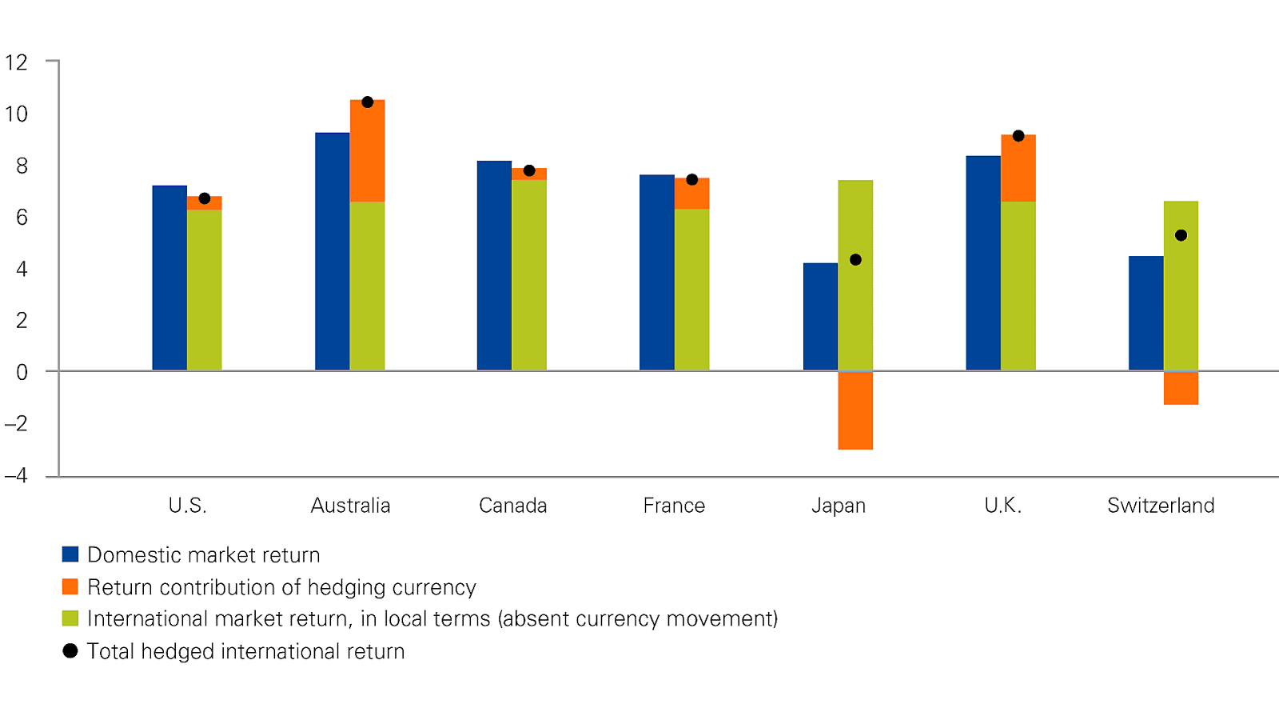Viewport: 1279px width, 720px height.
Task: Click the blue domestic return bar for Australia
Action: point(332,251)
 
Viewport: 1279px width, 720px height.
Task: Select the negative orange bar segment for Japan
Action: point(855,410)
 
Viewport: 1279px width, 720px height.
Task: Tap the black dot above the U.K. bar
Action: point(1018,136)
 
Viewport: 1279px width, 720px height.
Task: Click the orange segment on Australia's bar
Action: point(367,152)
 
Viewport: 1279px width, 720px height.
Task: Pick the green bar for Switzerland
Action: point(1181,304)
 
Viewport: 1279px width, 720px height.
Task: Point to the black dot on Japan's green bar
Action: point(855,260)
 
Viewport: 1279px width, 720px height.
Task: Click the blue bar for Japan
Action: point(820,317)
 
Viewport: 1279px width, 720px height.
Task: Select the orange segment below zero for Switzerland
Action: point(1181,388)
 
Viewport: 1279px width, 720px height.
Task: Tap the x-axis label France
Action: point(674,506)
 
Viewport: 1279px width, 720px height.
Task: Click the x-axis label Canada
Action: point(512,506)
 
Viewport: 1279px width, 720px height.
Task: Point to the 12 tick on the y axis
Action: point(16,62)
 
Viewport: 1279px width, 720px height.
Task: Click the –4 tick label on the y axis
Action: point(16,476)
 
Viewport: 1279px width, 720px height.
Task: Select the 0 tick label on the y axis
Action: point(22,372)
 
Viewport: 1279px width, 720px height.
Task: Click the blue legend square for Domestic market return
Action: point(70,554)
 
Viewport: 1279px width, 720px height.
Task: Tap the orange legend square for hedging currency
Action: point(70,586)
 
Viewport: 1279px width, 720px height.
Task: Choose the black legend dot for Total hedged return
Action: point(70,651)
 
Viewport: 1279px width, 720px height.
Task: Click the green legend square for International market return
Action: point(70,618)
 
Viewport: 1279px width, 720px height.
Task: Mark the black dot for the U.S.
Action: point(205,198)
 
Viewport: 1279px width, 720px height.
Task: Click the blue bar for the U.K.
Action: point(983,263)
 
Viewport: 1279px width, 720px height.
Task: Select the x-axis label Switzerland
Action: point(1161,506)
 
